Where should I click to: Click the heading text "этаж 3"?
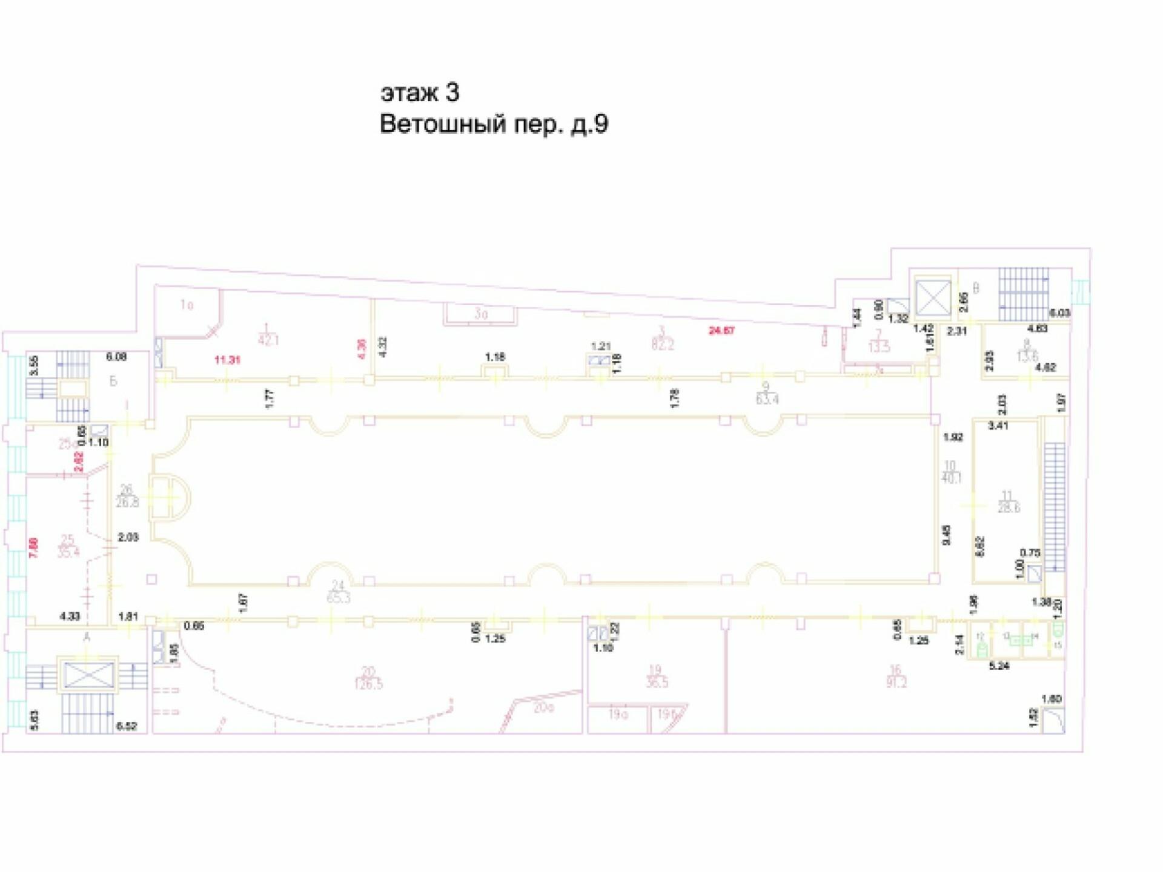(x=420, y=93)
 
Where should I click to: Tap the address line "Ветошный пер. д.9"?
(x=494, y=124)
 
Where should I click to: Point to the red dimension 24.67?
(x=721, y=331)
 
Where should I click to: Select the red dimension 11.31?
(x=227, y=360)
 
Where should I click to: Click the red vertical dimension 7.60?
(x=34, y=547)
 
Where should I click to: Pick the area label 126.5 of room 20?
(x=368, y=684)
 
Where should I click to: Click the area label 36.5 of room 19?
(x=657, y=682)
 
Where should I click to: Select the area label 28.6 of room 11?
(x=1009, y=507)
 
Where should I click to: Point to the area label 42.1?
(x=268, y=340)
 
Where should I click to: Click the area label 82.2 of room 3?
(x=663, y=345)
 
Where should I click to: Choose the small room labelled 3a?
(x=480, y=314)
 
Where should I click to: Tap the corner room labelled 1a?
(x=187, y=305)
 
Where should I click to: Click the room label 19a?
(x=618, y=715)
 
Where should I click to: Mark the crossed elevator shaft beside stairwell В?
(x=933, y=297)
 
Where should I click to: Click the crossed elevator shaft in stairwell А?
(x=88, y=675)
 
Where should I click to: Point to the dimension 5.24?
(x=999, y=666)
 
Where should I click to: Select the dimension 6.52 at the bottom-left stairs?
(x=127, y=726)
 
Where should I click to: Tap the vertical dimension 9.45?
(x=947, y=535)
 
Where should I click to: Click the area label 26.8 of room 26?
(x=127, y=502)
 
